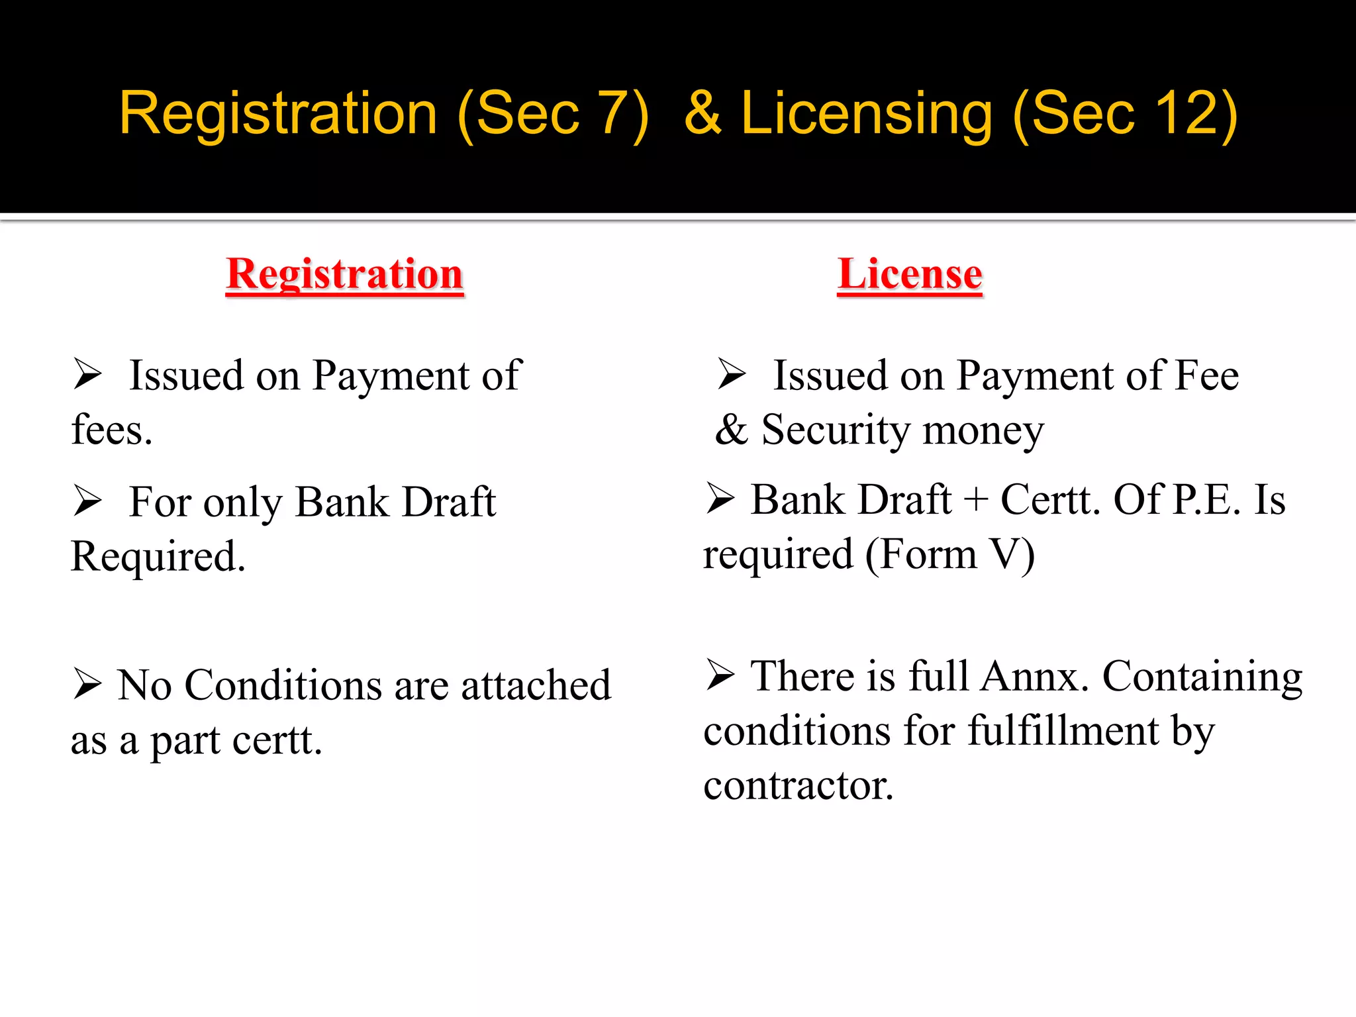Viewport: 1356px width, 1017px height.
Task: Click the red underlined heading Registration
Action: (344, 274)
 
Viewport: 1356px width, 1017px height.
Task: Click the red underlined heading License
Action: (910, 274)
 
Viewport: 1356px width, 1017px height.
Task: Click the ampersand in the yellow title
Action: (702, 114)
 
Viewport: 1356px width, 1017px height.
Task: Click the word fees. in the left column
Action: (112, 430)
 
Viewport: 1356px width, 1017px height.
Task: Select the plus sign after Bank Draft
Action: (976, 500)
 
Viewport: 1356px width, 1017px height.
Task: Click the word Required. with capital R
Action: (158, 556)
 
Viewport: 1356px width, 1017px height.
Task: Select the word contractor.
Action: (799, 786)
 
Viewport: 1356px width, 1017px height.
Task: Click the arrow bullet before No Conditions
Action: (87, 683)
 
